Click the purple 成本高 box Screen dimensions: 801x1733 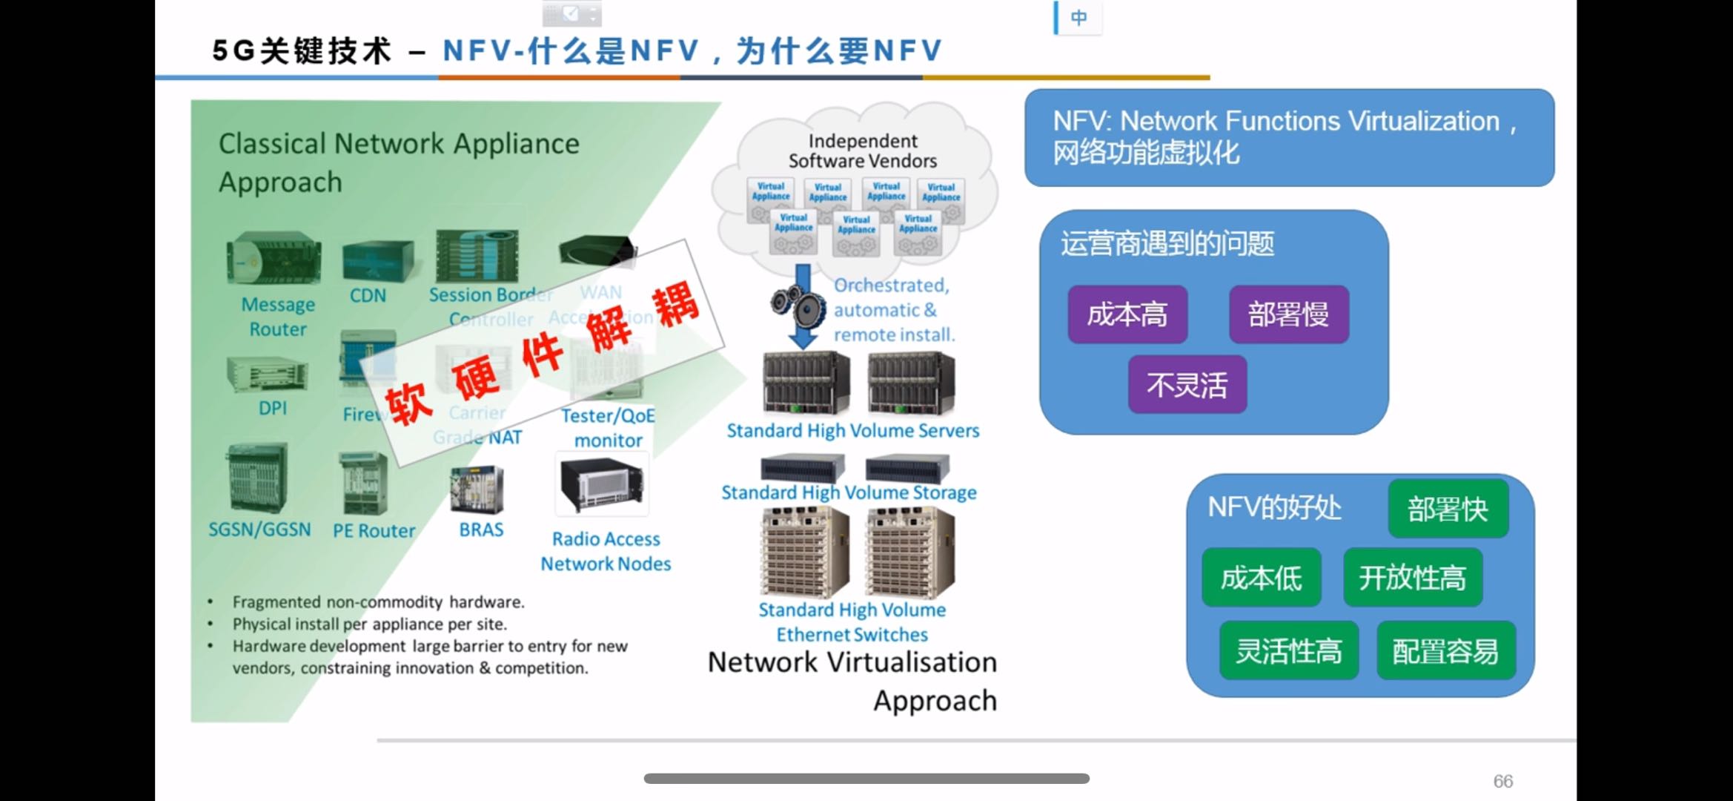(x=1127, y=314)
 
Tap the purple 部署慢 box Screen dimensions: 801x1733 (x=1288, y=314)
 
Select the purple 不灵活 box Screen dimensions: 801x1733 (x=1187, y=385)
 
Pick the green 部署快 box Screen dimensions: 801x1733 (x=1448, y=509)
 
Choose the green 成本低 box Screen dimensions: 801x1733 (x=1261, y=578)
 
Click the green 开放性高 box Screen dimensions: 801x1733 (x=1412, y=578)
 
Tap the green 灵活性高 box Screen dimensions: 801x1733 (x=1288, y=650)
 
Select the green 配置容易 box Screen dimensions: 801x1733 (x=1445, y=650)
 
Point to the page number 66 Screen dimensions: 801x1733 (x=1502, y=781)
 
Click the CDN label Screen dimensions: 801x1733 (x=368, y=295)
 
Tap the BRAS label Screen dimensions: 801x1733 (x=481, y=530)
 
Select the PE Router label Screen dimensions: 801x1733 (x=374, y=531)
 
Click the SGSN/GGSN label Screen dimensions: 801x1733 (x=259, y=530)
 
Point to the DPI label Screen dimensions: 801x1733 (x=273, y=408)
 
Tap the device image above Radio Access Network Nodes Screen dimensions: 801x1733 (x=602, y=486)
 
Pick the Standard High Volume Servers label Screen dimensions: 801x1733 (x=852, y=431)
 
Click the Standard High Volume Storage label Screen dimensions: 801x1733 (x=849, y=492)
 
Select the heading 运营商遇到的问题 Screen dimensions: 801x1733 (x=1167, y=243)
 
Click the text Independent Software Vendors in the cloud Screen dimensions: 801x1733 (x=862, y=151)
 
